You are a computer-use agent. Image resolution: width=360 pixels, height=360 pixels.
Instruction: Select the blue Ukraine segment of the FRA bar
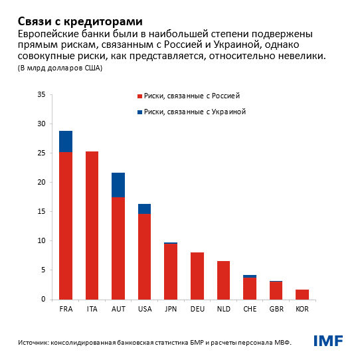click(66, 141)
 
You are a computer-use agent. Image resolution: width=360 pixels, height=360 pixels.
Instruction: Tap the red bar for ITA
click(92, 225)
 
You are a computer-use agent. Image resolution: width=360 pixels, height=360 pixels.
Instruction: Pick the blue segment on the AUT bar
click(118, 185)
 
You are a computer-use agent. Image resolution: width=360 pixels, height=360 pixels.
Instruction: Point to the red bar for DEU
click(197, 276)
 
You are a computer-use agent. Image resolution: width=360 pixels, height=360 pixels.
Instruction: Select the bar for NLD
click(223, 280)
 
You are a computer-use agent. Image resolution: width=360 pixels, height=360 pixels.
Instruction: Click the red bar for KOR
click(302, 294)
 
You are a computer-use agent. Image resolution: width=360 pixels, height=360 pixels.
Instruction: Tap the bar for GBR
click(276, 290)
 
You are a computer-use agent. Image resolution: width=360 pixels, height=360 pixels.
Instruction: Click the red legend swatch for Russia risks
click(139, 96)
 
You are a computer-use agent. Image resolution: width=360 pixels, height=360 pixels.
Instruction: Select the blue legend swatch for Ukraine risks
click(139, 112)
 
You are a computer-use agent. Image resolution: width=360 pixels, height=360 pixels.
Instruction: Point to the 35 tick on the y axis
click(41, 94)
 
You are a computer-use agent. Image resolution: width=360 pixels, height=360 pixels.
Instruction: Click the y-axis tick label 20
click(41, 182)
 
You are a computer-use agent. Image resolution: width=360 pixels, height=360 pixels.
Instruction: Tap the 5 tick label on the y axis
click(43, 270)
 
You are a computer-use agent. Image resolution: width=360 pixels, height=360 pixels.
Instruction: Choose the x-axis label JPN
click(171, 310)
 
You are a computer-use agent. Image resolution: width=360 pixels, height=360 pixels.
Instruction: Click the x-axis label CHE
click(249, 310)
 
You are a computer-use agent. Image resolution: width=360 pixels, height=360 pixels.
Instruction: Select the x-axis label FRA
click(66, 310)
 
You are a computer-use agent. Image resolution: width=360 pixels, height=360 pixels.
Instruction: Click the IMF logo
click(328, 341)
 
